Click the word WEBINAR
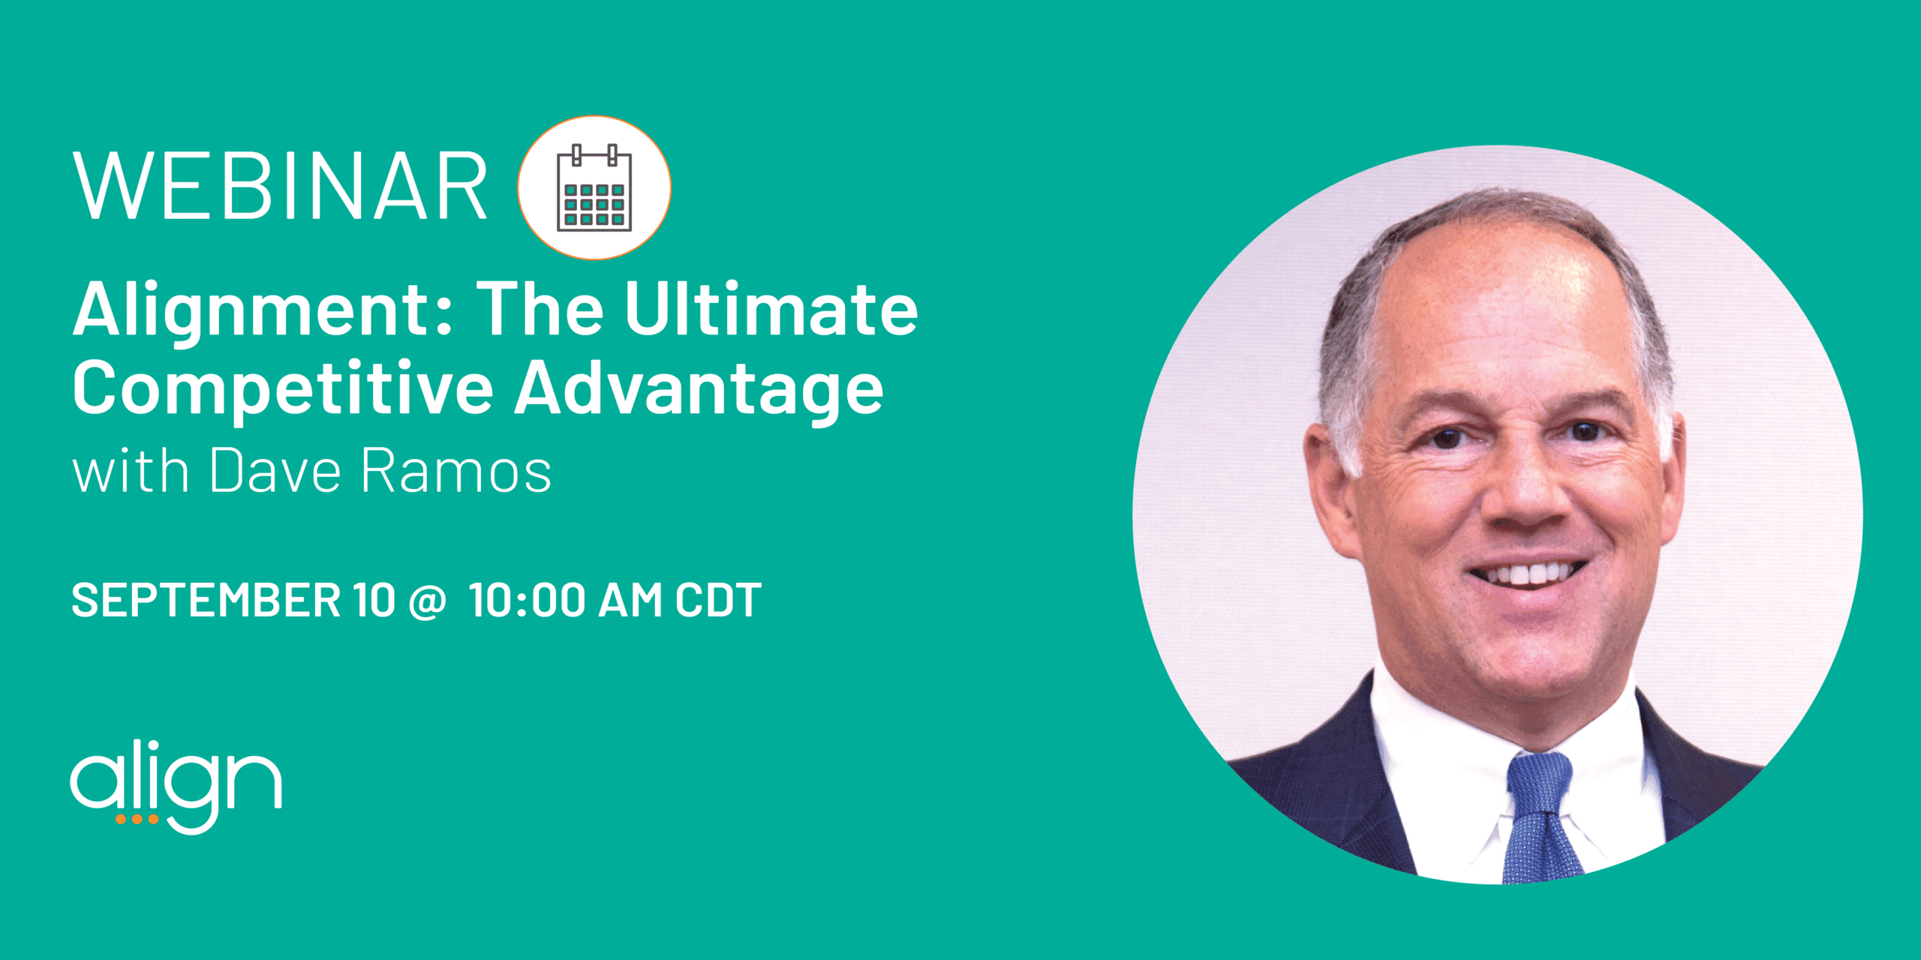[x=281, y=186]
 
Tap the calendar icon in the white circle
[x=594, y=187]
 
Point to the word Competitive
[x=283, y=388]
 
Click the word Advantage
[x=699, y=388]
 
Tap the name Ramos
[x=456, y=471]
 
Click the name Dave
[x=275, y=471]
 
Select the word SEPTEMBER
[x=206, y=600]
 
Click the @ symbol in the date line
[x=428, y=601]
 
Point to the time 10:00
[x=528, y=600]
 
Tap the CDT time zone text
[x=718, y=600]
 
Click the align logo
[x=176, y=786]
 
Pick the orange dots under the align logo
[x=137, y=819]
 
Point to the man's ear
[x=1331, y=487]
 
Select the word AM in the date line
[x=630, y=600]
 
